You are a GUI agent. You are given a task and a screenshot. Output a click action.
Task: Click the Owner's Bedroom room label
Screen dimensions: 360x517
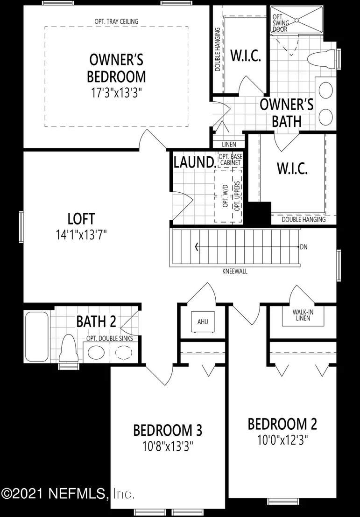coord(116,68)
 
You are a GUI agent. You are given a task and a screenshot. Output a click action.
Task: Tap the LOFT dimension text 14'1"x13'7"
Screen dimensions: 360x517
coord(81,235)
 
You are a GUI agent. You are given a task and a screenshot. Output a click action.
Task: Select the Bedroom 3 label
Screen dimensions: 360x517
coord(168,430)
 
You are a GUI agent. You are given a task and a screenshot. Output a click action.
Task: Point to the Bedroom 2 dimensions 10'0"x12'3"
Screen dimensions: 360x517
coord(282,440)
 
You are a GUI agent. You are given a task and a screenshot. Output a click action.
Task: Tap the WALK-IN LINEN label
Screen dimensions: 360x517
coord(303,315)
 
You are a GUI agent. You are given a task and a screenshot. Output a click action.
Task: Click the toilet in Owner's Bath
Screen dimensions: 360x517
coord(321,59)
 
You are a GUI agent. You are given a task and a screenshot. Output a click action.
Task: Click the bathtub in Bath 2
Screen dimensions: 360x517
coord(37,336)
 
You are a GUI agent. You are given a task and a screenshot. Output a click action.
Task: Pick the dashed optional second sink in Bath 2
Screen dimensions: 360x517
coord(124,352)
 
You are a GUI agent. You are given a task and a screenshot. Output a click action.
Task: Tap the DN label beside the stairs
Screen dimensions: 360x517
coord(304,247)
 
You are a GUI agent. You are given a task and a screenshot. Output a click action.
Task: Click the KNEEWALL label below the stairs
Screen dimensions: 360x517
coord(234,272)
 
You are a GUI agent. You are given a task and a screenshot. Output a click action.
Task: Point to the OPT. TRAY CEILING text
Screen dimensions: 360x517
coord(116,21)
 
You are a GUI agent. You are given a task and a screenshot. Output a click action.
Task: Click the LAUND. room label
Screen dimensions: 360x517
coord(195,162)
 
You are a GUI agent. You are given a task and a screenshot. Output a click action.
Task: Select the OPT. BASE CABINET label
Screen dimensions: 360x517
coord(230,160)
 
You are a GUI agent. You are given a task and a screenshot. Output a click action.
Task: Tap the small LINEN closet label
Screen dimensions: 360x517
coord(229,145)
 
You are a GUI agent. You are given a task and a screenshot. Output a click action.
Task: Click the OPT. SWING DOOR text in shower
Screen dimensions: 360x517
coord(281,23)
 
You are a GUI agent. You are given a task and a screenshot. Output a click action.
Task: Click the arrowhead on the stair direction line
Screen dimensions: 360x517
coord(197,247)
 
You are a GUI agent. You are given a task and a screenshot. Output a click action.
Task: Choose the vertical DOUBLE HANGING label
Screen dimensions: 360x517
coord(218,49)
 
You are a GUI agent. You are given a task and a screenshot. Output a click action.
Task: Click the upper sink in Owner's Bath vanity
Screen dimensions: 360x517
coord(326,89)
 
